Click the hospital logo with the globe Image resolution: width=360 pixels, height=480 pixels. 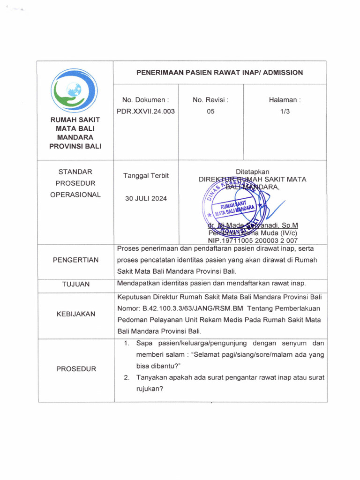coord(75,90)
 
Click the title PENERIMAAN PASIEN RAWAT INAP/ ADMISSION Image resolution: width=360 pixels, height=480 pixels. coord(219,73)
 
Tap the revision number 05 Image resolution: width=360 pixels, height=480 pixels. coord(210,111)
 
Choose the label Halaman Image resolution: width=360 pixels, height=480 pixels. coord(285,100)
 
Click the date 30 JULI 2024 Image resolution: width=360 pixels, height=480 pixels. coord(146,198)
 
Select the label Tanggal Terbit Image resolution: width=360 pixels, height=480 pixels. coord(146,176)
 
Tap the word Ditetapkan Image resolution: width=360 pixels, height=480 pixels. coord(252,172)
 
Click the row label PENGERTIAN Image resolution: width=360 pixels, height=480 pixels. coord(75,260)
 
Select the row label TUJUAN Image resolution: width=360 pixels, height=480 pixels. coord(75,284)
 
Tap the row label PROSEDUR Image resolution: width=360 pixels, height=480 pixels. coord(75,369)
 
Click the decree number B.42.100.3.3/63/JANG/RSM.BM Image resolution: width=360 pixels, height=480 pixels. coord(193,309)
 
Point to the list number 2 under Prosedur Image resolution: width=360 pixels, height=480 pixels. coord(127,377)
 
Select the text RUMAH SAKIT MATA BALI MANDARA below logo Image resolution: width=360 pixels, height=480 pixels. coord(75,133)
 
